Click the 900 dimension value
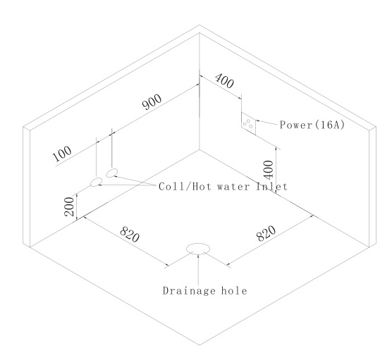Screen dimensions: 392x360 coord(152,101)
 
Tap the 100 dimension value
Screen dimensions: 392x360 coord(62,154)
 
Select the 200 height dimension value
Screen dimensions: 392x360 coord(69,206)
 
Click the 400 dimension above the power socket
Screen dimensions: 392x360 coord(224,80)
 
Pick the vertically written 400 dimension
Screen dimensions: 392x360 coord(269,170)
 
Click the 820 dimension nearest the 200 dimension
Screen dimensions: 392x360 coord(130,234)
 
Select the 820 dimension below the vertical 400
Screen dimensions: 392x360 coord(266,233)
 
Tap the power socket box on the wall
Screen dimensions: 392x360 coord(248,123)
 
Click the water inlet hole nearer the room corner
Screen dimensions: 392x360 coord(112,173)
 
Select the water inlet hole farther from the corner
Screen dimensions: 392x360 coord(97,182)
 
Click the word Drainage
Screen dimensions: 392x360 coord(189,291)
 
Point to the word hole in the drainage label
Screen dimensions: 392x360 coord(234,290)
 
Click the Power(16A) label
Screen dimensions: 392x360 coord(312,125)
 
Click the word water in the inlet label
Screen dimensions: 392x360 coord(233,187)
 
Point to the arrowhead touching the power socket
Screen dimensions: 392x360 coord(257,121)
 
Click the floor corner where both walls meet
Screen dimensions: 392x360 coord(200,149)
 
